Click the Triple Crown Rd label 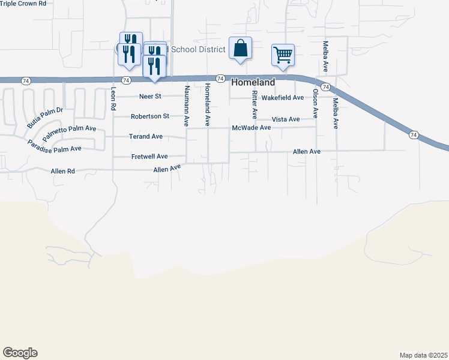pos(23,4)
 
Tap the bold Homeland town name pos(253,82)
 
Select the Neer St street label pos(150,96)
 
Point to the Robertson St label pos(150,116)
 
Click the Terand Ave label pos(146,137)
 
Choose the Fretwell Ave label pos(149,157)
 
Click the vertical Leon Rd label pos(113,98)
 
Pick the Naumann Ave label pos(187,105)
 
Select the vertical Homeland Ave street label pos(208,104)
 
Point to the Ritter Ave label pos(255,104)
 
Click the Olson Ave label pos(315,103)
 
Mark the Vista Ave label pos(286,119)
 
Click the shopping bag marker pos(240,48)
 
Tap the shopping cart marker pos(283,55)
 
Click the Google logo pos(20,353)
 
